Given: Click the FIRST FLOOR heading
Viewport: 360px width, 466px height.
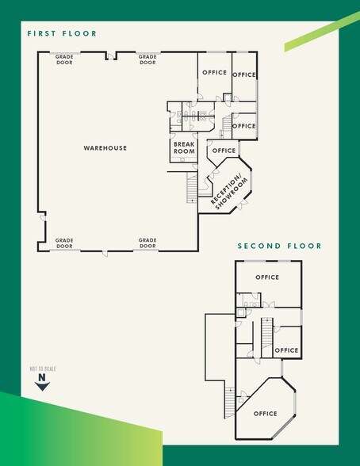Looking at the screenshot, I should [x=62, y=34].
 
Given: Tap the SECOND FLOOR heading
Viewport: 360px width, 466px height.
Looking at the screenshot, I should [x=280, y=246].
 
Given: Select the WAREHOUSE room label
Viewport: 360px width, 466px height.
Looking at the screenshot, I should [x=105, y=148].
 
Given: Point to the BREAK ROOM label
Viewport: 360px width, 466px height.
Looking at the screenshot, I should [x=184, y=147].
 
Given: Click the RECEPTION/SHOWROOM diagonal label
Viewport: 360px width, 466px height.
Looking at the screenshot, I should [x=229, y=190].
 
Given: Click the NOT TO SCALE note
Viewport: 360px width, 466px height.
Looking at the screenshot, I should [x=43, y=369].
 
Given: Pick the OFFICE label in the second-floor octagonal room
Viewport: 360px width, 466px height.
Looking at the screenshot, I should [x=266, y=414].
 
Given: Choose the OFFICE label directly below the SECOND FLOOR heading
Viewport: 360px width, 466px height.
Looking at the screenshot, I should [x=267, y=277].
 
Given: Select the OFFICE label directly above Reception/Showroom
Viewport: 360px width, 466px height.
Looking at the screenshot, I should [x=224, y=151].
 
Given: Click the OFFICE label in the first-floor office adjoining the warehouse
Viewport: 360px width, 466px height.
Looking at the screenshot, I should [x=214, y=73].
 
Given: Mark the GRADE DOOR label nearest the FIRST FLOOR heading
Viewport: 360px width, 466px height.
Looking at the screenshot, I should [x=64, y=59].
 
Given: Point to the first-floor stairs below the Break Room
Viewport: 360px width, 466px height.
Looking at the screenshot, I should [x=191, y=187].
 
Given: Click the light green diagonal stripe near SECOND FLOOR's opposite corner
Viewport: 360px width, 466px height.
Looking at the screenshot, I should [x=320, y=32].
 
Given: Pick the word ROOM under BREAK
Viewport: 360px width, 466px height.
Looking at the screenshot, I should [x=184, y=151].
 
